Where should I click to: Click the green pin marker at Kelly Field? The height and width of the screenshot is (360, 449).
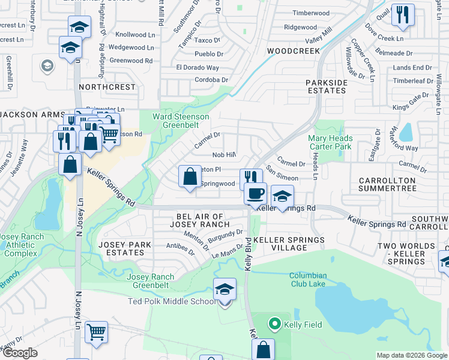pyautogui.click(x=276, y=325)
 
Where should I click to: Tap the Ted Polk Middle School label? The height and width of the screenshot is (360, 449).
pyautogui.click(x=171, y=301)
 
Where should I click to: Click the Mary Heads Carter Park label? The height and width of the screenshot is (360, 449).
pyautogui.click(x=330, y=142)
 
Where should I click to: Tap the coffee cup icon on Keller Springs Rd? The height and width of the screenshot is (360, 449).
pyautogui.click(x=256, y=194)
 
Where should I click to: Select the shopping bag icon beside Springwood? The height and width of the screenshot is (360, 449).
pyautogui.click(x=190, y=177)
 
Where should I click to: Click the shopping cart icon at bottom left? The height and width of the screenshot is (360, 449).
pyautogui.click(x=96, y=332)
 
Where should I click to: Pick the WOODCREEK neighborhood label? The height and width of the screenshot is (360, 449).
pyautogui.click(x=294, y=52)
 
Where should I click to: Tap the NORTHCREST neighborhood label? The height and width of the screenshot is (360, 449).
pyautogui.click(x=107, y=87)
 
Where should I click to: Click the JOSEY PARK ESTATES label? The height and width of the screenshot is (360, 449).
pyautogui.click(x=125, y=249)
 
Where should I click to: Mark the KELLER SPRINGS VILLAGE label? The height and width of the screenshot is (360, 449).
pyautogui.click(x=289, y=244)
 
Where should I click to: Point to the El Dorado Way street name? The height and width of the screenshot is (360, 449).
pyautogui.click(x=197, y=67)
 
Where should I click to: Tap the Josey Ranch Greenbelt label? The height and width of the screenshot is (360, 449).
pyautogui.click(x=151, y=281)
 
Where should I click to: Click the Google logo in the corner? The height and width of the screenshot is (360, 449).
pyautogui.click(x=20, y=353)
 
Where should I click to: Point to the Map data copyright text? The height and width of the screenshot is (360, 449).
pyautogui.click(x=411, y=355)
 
